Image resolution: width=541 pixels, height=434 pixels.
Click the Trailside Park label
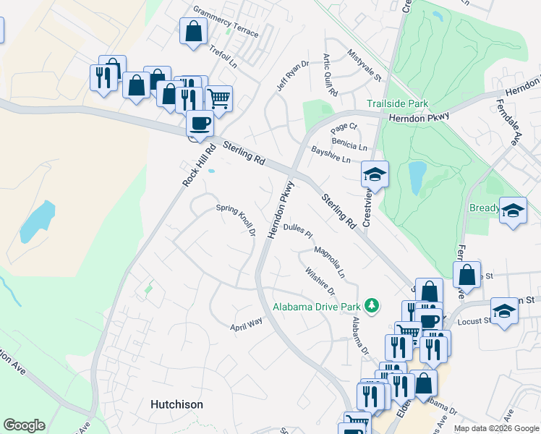(x=397, y=104)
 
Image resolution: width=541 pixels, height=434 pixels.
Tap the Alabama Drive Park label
(x=316, y=306)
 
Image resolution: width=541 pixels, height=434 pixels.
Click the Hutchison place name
(x=176, y=404)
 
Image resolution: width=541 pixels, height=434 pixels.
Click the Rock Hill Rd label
(x=199, y=165)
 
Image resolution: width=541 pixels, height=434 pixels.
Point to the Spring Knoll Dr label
(x=237, y=219)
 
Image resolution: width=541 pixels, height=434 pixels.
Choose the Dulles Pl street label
(x=297, y=231)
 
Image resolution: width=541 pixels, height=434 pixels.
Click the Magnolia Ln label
(x=329, y=264)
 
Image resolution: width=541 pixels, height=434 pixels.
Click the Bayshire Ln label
(x=331, y=155)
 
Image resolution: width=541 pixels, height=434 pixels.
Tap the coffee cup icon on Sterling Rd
(x=200, y=122)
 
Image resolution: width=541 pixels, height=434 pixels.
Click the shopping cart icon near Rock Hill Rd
(x=218, y=98)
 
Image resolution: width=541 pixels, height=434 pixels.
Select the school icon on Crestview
(x=375, y=174)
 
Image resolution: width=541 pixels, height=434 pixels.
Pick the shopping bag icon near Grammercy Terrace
(x=193, y=30)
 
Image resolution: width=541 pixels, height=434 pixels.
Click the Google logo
(x=24, y=425)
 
